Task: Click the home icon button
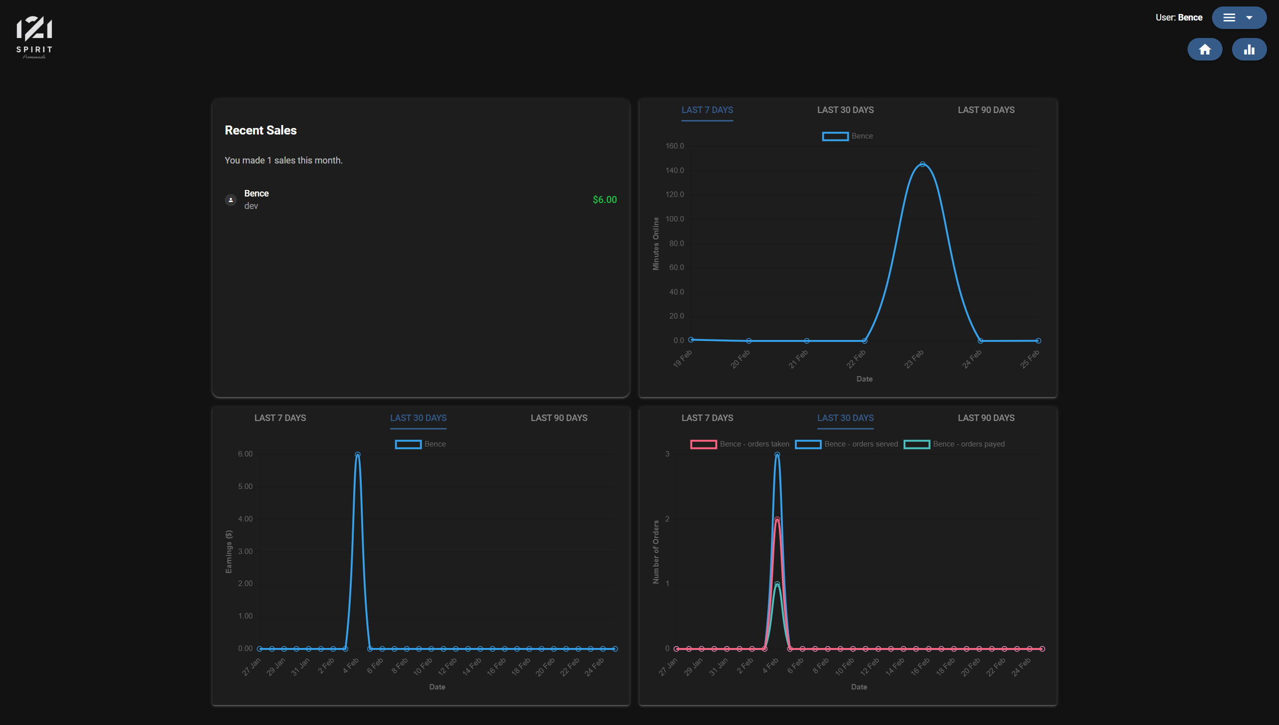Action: (x=1205, y=49)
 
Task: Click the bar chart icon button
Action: (x=1249, y=49)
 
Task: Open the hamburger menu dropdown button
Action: (x=1239, y=17)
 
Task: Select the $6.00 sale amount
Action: (x=605, y=199)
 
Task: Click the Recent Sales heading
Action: (x=260, y=130)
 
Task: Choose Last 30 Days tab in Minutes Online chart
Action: (x=845, y=110)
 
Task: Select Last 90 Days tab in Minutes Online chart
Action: (x=986, y=110)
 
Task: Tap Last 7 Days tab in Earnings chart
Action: (x=280, y=418)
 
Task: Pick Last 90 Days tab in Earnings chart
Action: (x=559, y=418)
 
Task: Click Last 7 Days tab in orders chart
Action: (x=707, y=418)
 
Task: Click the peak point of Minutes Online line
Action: (x=922, y=164)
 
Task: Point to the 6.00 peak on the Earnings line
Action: (x=357, y=454)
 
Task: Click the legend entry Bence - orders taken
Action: (x=739, y=444)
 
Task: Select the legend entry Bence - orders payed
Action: (x=954, y=444)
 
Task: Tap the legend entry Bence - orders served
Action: (x=846, y=444)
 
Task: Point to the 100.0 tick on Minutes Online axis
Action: (x=674, y=219)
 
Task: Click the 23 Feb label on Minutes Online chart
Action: (x=914, y=359)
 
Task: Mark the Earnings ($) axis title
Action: (x=229, y=551)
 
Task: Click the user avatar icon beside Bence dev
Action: (x=230, y=200)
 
